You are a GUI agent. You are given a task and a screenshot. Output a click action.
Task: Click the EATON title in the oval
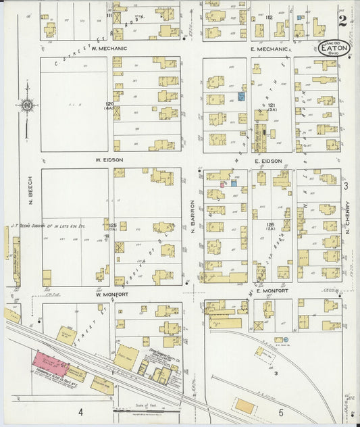334,48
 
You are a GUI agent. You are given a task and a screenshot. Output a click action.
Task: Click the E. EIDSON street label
268,161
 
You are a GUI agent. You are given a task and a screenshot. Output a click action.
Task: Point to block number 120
109,105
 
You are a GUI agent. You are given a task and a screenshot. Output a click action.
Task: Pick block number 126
270,224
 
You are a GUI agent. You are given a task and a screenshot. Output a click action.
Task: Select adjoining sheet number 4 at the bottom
80,411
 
